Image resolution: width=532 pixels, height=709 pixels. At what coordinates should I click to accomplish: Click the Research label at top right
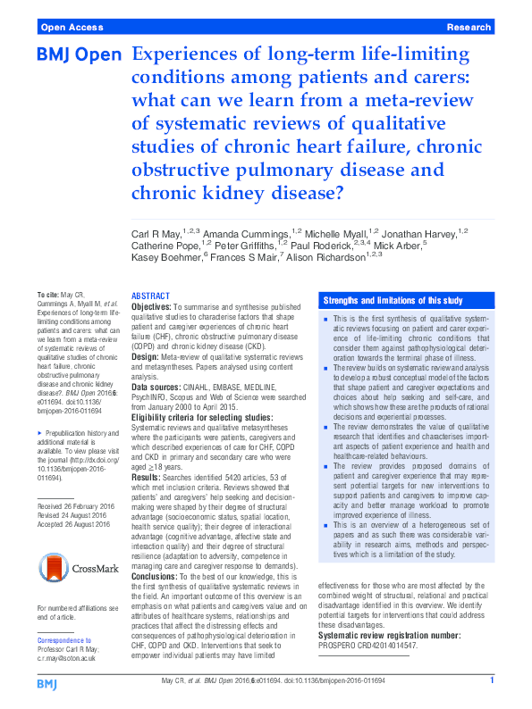tap(469, 28)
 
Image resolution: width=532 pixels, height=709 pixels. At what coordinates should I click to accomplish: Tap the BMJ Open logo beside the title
tap(79, 55)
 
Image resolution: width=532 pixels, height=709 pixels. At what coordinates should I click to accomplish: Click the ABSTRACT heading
tap(150, 296)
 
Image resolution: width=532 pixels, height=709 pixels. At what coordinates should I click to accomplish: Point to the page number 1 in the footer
tap(492, 680)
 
